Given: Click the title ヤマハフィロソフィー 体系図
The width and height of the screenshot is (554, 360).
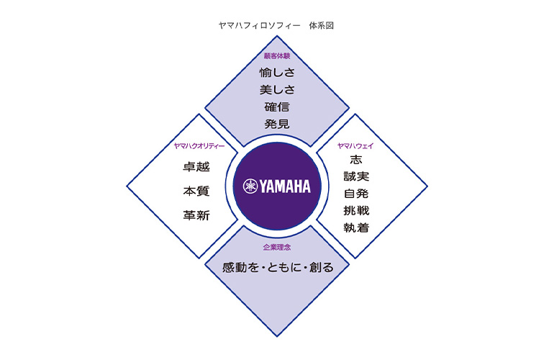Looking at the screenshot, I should pyautogui.click(x=276, y=25).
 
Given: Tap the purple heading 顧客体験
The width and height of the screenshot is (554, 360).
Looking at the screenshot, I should pyautogui.click(x=276, y=55).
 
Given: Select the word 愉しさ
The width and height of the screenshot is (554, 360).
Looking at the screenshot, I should pyautogui.click(x=276, y=72).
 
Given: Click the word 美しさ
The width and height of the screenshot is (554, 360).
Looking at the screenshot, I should pyautogui.click(x=276, y=89).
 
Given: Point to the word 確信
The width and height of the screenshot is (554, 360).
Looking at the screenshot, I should pyautogui.click(x=276, y=107).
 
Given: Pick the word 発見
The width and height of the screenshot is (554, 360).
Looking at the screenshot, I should pyautogui.click(x=276, y=124).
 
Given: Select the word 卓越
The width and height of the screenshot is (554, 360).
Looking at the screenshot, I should pyautogui.click(x=196, y=167).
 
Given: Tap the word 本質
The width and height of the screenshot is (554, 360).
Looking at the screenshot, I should pyautogui.click(x=196, y=191).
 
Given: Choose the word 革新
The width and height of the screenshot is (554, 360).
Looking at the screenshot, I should pyautogui.click(x=196, y=215).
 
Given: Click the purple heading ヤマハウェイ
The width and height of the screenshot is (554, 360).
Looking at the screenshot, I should pyautogui.click(x=355, y=146).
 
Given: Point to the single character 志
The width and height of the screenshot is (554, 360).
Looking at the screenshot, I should pyautogui.click(x=355, y=160).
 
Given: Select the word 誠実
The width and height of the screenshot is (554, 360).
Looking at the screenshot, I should pyautogui.click(x=356, y=176).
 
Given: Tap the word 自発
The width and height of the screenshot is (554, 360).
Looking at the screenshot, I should pyautogui.click(x=356, y=194).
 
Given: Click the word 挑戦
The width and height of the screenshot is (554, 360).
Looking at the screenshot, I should pyautogui.click(x=356, y=211).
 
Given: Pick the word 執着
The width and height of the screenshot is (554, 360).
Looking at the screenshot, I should pyautogui.click(x=356, y=228).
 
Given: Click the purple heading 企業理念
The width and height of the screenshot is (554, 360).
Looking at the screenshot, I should pyautogui.click(x=277, y=247).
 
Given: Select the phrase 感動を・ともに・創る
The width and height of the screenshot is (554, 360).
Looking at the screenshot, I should pyautogui.click(x=277, y=268).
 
